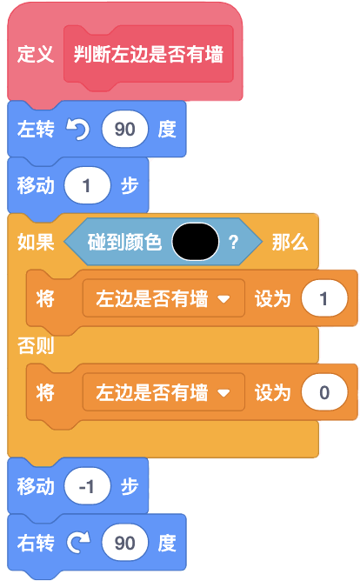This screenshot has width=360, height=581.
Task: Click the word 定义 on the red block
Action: coord(36,54)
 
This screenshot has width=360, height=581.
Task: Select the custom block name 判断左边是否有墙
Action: coord(148,54)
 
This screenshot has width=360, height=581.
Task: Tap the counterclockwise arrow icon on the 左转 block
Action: coord(77,130)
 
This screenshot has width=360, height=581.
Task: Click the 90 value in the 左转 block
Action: coord(125,130)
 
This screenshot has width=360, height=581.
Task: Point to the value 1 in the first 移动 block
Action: coord(87,185)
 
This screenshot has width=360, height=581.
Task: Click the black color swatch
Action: coord(195,242)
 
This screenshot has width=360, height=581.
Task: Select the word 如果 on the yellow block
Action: coord(36,243)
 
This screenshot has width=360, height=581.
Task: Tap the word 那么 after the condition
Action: coord(290,243)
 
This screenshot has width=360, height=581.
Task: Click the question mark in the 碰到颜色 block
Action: coord(233,243)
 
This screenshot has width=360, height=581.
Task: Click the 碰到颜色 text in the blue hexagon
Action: coord(124,243)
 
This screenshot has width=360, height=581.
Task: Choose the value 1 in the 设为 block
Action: coord(324,298)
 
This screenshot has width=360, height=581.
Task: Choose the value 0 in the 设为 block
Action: coord(324,392)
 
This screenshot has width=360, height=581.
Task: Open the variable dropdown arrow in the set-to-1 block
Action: coord(223,299)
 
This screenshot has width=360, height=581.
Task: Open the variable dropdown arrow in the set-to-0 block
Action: coord(223,393)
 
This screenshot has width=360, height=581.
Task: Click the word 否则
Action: coord(36,345)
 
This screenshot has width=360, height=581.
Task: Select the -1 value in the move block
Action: coord(87,486)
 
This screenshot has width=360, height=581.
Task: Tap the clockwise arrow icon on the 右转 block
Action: coord(78,543)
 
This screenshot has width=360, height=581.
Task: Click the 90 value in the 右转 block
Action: coord(125,543)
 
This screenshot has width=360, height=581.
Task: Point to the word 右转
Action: coord(36,544)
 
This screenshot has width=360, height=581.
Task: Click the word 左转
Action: coord(36,130)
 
